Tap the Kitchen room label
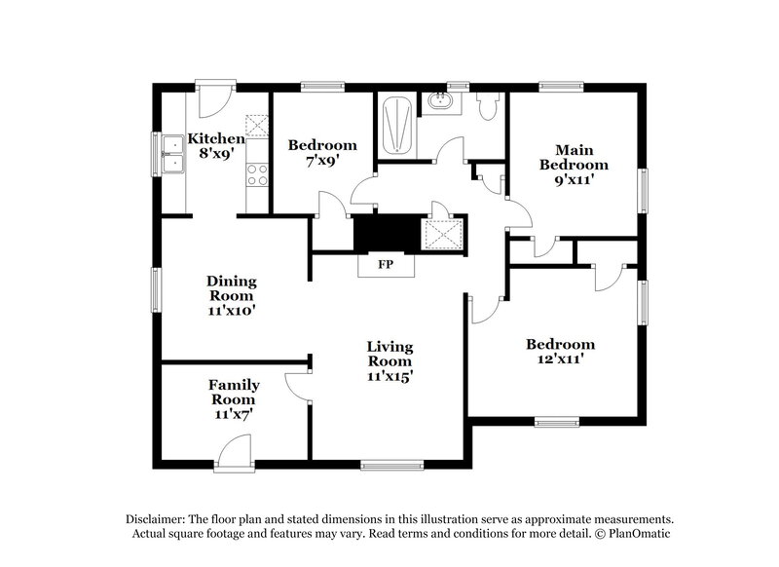[215, 138]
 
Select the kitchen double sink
[173, 156]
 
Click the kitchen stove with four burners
[257, 175]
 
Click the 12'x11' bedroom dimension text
[560, 359]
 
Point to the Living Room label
[389, 354]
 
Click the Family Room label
[234, 392]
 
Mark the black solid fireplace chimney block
[386, 233]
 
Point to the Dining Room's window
[156, 291]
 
